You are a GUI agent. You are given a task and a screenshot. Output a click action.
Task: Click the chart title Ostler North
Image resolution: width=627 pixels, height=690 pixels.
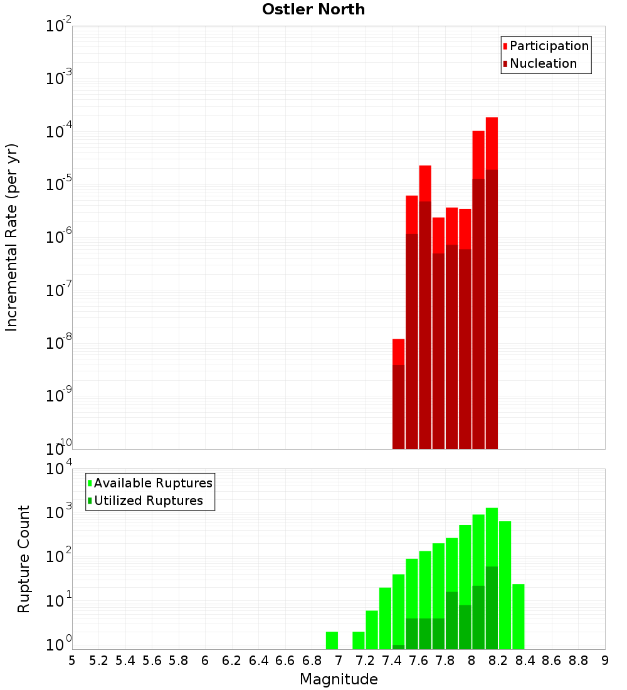[x=313, y=9]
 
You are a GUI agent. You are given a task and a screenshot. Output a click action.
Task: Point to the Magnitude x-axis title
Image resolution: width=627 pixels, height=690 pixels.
[x=339, y=679]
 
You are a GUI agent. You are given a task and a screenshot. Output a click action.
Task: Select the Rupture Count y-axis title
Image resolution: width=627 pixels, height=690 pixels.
[x=24, y=559]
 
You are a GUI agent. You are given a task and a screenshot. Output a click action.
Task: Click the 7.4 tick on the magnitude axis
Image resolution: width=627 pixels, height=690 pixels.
[x=392, y=661]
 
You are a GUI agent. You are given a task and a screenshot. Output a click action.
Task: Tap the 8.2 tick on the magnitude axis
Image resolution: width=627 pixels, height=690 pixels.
[x=498, y=661]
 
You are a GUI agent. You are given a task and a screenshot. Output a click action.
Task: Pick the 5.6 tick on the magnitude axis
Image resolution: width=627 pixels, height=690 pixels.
[x=152, y=661]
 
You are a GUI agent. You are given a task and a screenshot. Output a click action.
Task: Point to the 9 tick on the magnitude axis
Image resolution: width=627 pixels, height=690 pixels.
[x=605, y=661]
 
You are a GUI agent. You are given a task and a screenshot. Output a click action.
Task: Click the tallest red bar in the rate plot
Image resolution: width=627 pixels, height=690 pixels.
[x=492, y=282]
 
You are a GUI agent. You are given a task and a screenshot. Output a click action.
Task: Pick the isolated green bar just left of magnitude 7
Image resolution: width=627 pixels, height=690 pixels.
[x=332, y=640]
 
